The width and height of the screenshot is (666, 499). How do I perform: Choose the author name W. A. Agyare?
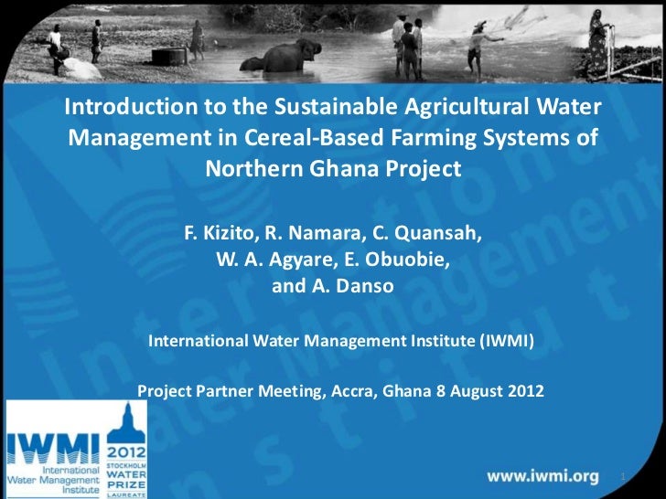pyautogui.click(x=274, y=260)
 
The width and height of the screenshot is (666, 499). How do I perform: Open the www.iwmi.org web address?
pyautogui.click(x=542, y=476)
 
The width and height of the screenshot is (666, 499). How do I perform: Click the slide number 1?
pyautogui.click(x=622, y=478)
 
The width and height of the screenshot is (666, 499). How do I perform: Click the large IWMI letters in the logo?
pyautogui.click(x=53, y=449)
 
